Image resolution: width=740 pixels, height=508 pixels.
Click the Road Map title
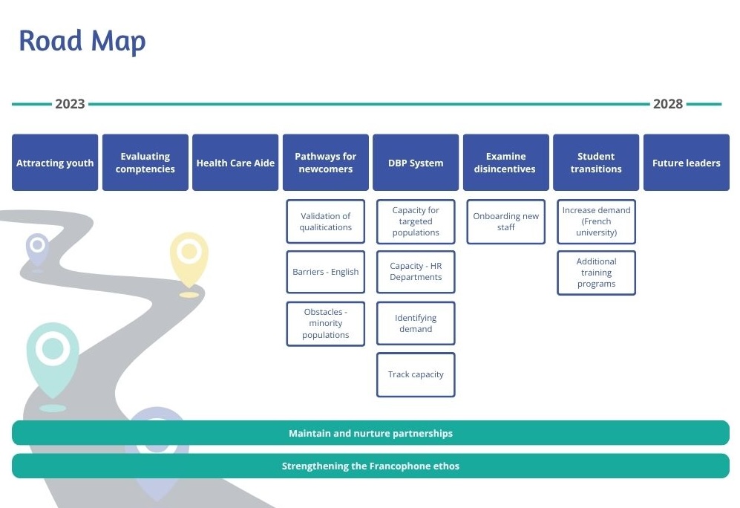[x=82, y=41]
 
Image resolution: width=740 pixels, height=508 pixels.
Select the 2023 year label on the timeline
[x=70, y=104]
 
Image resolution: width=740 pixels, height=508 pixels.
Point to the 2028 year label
[x=667, y=104]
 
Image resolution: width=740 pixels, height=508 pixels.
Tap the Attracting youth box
[x=55, y=163]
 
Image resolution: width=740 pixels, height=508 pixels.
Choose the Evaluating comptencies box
[x=145, y=163]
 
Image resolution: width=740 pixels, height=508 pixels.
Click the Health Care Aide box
[x=235, y=163]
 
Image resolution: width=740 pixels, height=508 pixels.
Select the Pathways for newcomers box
[x=325, y=163]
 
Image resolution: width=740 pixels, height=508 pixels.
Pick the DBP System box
[x=416, y=163]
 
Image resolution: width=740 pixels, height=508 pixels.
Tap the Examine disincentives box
[x=505, y=163]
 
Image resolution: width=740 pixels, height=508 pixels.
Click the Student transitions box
[x=596, y=163]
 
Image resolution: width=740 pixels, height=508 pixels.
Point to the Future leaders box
[x=686, y=163]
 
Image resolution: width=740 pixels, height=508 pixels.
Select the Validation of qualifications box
[x=325, y=221]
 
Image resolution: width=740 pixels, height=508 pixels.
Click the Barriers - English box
[x=325, y=272]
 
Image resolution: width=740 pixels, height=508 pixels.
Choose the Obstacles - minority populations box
[x=325, y=324]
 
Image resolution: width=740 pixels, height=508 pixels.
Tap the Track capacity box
[x=416, y=374]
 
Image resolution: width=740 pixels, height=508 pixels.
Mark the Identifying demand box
[x=416, y=323]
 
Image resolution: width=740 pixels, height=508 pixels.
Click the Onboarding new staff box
[x=505, y=221]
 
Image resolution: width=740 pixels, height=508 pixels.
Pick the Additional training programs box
[x=596, y=273]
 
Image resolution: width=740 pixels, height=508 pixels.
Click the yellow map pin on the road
[x=189, y=256]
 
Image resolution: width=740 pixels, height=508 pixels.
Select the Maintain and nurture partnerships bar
[x=370, y=433]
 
